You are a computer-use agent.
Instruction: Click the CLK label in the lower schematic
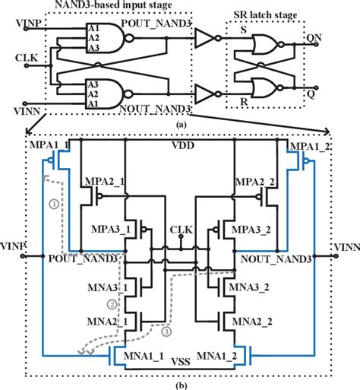pyautogui.click(x=180, y=228)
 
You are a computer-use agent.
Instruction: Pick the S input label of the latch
pyautogui.click(x=244, y=31)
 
